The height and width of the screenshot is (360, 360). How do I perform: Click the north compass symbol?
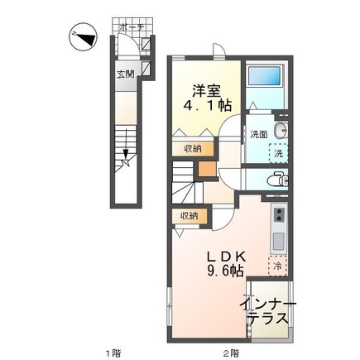point(83,37)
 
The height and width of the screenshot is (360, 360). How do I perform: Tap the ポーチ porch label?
point(132,27)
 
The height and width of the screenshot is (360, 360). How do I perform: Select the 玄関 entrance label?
point(126,74)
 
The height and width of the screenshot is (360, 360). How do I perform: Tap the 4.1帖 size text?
point(208,105)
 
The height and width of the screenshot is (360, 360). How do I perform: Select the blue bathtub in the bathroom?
point(265,75)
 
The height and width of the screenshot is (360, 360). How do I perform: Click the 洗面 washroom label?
point(259,135)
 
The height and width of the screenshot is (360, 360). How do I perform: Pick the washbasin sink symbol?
point(281,131)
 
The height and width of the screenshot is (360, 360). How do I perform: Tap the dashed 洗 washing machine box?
point(278,153)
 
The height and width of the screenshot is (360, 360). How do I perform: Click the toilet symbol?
point(278,180)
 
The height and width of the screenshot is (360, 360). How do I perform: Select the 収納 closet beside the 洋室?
point(193,149)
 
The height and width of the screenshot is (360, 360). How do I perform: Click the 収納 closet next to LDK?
point(189,216)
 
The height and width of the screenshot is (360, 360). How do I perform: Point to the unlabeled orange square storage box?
point(207,169)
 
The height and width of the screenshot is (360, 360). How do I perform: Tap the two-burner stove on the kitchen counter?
point(279,214)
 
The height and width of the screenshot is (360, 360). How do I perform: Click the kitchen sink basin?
point(278,241)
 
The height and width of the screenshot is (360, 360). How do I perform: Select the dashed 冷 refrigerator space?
point(278,266)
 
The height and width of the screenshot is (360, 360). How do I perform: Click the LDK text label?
point(227,257)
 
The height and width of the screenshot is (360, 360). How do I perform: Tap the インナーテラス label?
point(267,312)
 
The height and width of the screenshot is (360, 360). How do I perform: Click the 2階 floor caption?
point(231,353)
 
